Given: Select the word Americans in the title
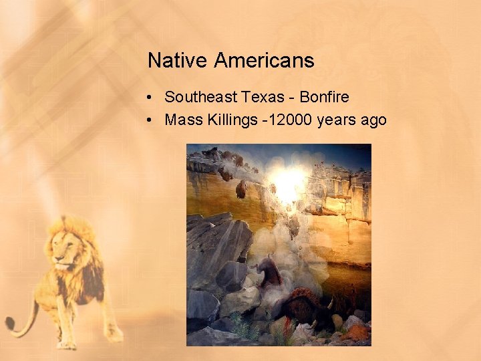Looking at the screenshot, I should [x=264, y=61].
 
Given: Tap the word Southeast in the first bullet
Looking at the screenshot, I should [x=200, y=97].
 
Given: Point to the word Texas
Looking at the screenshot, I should [x=263, y=97].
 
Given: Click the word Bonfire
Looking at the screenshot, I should [x=324, y=97].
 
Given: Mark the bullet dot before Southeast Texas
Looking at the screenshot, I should [x=152, y=98].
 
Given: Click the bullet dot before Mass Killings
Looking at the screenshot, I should [x=152, y=121].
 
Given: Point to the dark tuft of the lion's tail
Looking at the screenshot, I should [x=10, y=325].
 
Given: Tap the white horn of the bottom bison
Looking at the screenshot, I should [x=329, y=304].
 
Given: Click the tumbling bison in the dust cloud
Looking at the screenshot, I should [x=269, y=271].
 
